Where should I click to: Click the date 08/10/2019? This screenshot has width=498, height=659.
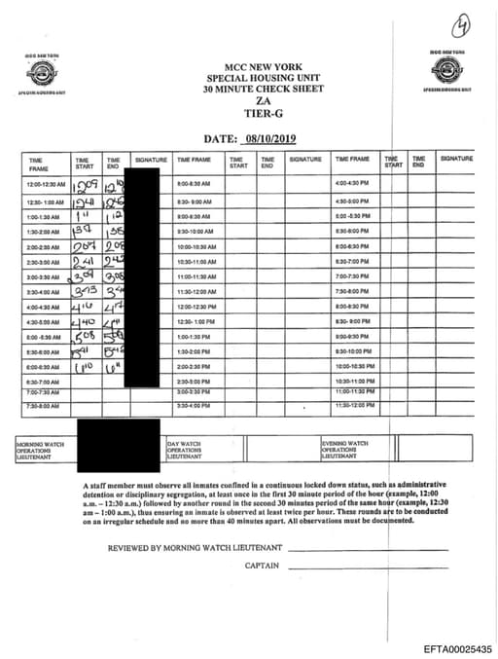pos(276,139)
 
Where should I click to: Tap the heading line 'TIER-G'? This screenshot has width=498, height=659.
pos(249,112)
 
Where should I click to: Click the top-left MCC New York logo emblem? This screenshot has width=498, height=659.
pos(45,74)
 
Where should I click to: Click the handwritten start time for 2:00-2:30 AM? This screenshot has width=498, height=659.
pos(85,247)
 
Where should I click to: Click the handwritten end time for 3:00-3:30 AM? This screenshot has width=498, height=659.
pos(114,276)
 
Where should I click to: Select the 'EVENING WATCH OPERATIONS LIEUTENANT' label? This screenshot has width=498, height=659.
pos(345,449)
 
